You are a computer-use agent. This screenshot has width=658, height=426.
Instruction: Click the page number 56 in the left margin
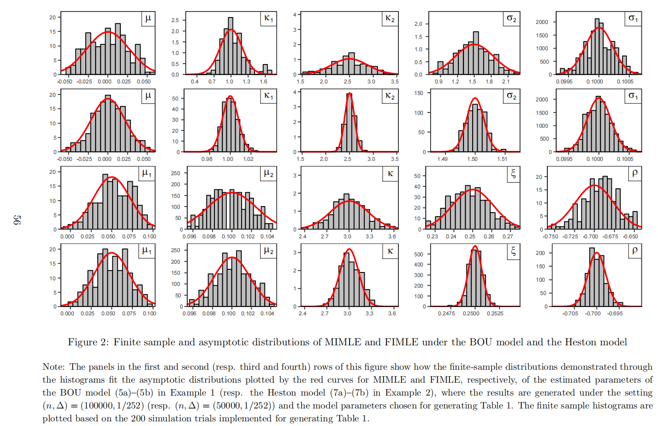click(17, 219)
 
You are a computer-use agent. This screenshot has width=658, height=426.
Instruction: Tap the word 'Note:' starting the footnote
click(54, 367)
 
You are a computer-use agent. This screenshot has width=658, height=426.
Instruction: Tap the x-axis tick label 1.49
click(442, 159)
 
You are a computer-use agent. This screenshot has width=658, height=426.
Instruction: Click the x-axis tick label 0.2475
click(446, 314)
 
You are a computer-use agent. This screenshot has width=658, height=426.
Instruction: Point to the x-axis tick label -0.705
click(570, 314)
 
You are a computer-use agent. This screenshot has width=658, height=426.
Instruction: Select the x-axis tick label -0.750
click(551, 237)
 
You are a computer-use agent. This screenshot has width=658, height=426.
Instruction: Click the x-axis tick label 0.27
click(507, 237)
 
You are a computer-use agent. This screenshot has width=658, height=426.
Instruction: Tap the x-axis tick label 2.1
click(506, 82)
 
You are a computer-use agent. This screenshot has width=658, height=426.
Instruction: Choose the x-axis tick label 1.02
click(248, 159)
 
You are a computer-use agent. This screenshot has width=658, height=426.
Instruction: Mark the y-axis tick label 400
click(418, 265)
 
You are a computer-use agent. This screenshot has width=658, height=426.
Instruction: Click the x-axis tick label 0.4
click(195, 82)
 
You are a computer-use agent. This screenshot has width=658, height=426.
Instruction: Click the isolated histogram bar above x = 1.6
click(265, 69)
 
